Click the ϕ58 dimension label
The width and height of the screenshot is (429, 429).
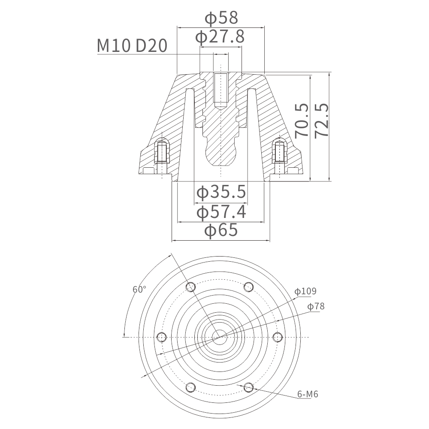click(221, 18)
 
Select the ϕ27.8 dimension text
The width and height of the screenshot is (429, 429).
click(220, 37)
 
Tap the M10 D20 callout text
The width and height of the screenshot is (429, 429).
click(132, 46)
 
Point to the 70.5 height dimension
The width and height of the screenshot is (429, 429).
click(302, 120)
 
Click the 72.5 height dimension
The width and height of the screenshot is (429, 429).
click(321, 120)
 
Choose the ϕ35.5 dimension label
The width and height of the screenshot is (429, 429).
click(221, 192)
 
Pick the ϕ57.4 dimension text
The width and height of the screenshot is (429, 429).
click(221, 212)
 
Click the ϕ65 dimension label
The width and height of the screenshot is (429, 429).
click(221, 230)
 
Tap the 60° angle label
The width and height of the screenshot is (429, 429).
click(139, 290)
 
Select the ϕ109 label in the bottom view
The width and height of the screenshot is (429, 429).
click(305, 291)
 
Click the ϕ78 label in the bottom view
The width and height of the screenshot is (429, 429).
click(316, 306)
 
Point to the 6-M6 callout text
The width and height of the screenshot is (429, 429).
click(308, 394)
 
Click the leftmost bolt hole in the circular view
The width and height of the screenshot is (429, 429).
click(162, 337)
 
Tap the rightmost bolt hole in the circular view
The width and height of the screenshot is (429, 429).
click(278, 337)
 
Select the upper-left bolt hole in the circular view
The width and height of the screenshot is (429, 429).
click(191, 287)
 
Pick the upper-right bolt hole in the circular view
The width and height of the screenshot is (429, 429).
click(248, 287)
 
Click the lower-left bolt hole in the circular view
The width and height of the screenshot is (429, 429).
click(191, 387)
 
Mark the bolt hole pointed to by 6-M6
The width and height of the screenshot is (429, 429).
click(248, 387)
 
